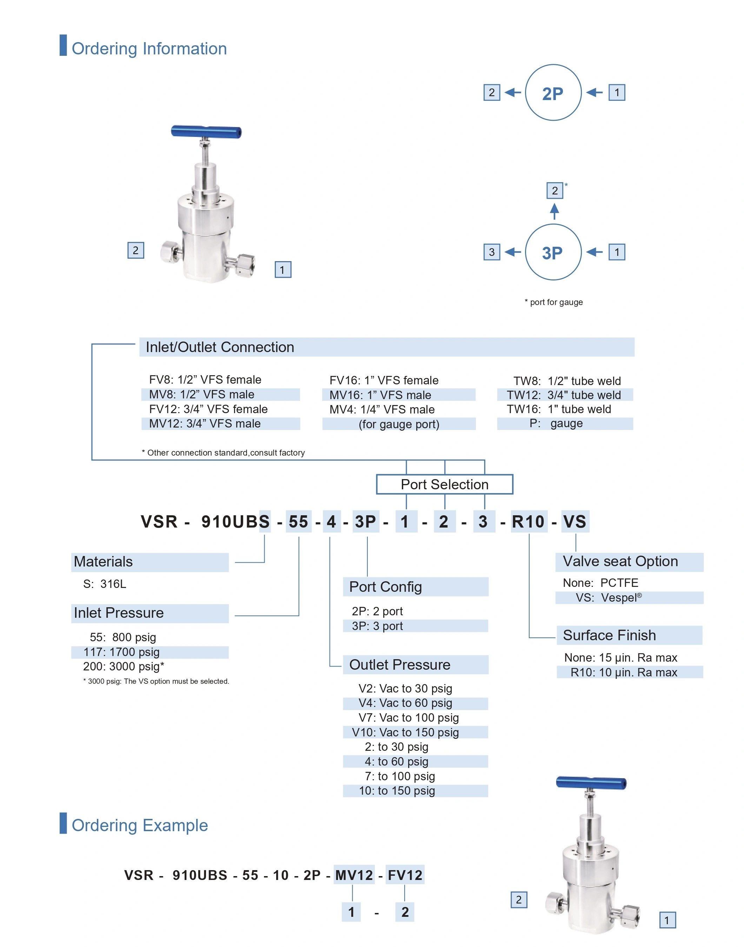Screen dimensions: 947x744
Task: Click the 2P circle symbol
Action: coord(553,93)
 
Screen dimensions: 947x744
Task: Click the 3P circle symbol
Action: coord(553,252)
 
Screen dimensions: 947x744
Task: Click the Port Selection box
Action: coord(444,484)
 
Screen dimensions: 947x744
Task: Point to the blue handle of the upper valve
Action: coord(206,132)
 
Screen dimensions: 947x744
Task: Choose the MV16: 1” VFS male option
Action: coord(380,395)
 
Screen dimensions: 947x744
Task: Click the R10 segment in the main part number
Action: coord(528,522)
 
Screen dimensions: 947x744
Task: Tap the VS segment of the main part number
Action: coord(574,522)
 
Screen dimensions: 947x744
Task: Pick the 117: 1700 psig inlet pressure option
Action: coord(121,652)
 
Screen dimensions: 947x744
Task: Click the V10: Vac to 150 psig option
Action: coord(405,732)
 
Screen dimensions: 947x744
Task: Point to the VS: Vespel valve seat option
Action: coord(609,598)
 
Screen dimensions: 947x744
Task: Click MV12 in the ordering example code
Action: coord(354,875)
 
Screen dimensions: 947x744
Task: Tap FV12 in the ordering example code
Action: coord(405,875)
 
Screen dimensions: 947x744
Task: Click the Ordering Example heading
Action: coord(140,826)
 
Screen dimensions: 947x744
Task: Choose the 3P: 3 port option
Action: coord(377,626)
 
